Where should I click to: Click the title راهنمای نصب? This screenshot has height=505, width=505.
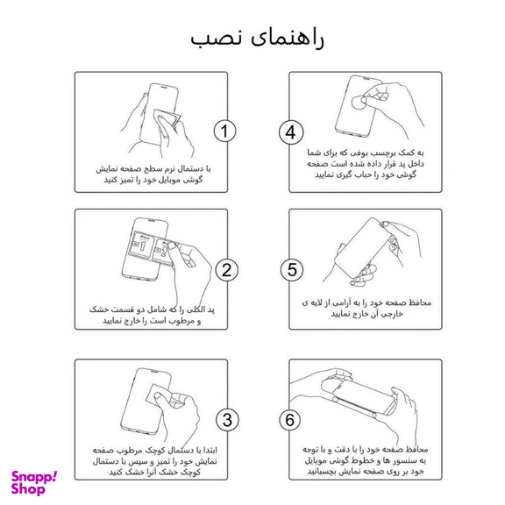pos(252,39)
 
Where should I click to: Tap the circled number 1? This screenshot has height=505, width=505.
pos(225,132)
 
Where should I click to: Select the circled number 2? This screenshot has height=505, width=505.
pos(225,270)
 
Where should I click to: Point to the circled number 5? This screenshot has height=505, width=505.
pos(290,270)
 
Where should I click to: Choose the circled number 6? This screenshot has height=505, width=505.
pos(290,419)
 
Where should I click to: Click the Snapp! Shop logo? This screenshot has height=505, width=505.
pos(34,481)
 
